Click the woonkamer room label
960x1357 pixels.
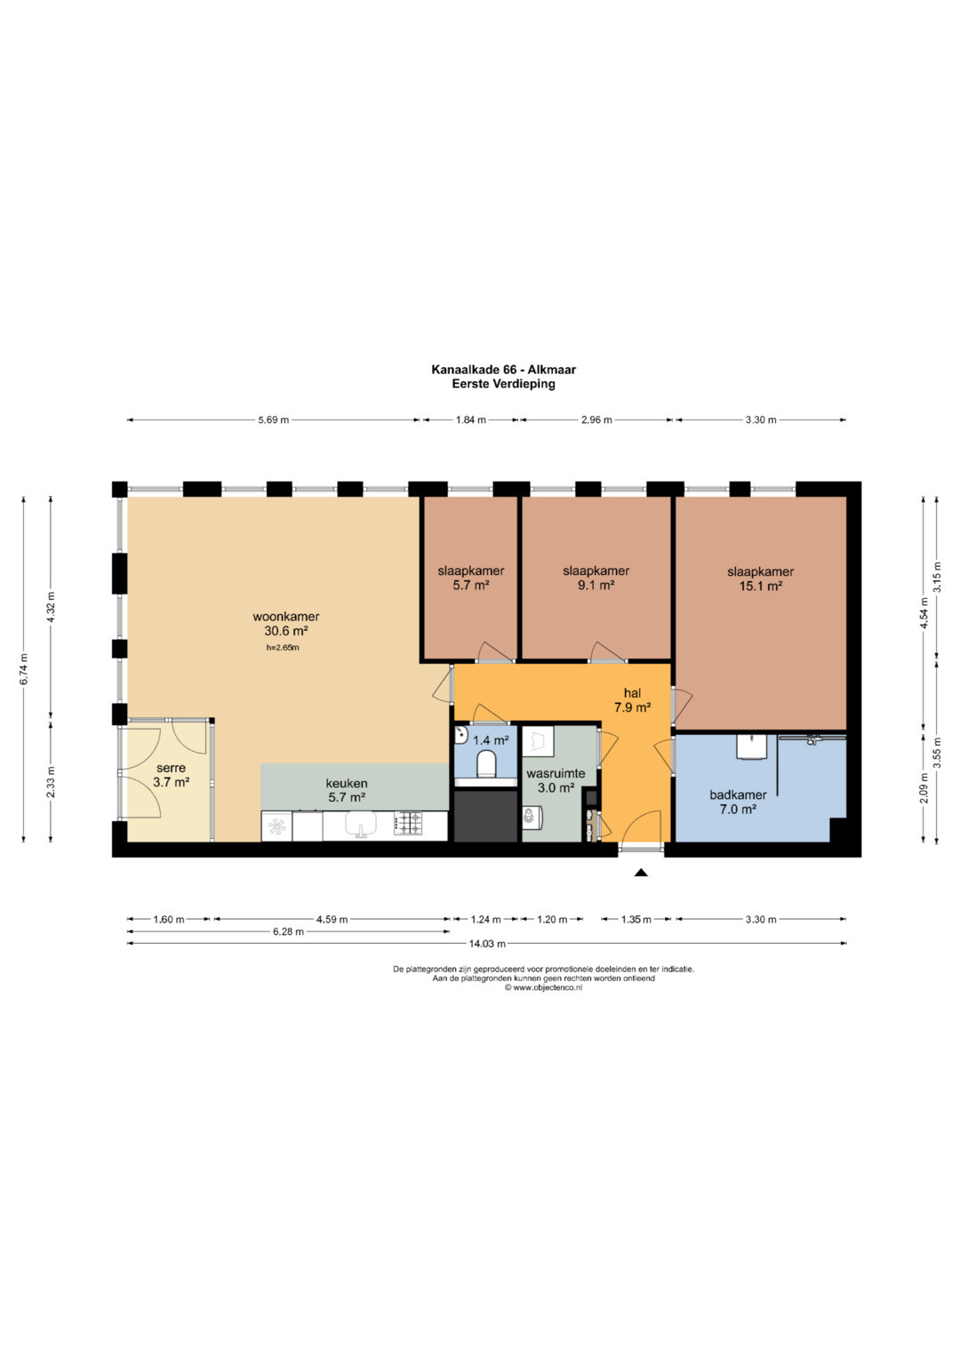[x=286, y=617]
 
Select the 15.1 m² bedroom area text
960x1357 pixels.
[x=761, y=586]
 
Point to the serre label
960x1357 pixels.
[x=171, y=768]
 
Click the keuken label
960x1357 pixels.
[x=347, y=783]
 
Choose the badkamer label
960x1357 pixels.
[x=738, y=794]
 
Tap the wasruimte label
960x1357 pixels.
[x=556, y=774]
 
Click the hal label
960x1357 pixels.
[x=633, y=692]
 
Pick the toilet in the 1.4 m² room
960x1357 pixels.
[x=486, y=764]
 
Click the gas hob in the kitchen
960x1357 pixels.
[x=408, y=824]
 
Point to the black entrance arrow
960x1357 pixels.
[x=641, y=873]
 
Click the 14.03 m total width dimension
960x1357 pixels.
[x=487, y=943]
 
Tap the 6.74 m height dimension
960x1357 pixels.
[x=24, y=669]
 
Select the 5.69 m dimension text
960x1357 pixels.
[x=274, y=419]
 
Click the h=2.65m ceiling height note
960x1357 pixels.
[x=283, y=648]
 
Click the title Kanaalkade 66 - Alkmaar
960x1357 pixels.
[x=504, y=370]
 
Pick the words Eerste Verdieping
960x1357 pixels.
[x=504, y=384]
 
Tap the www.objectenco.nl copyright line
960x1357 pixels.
[x=543, y=987]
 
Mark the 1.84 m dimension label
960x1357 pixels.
[x=471, y=419]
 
